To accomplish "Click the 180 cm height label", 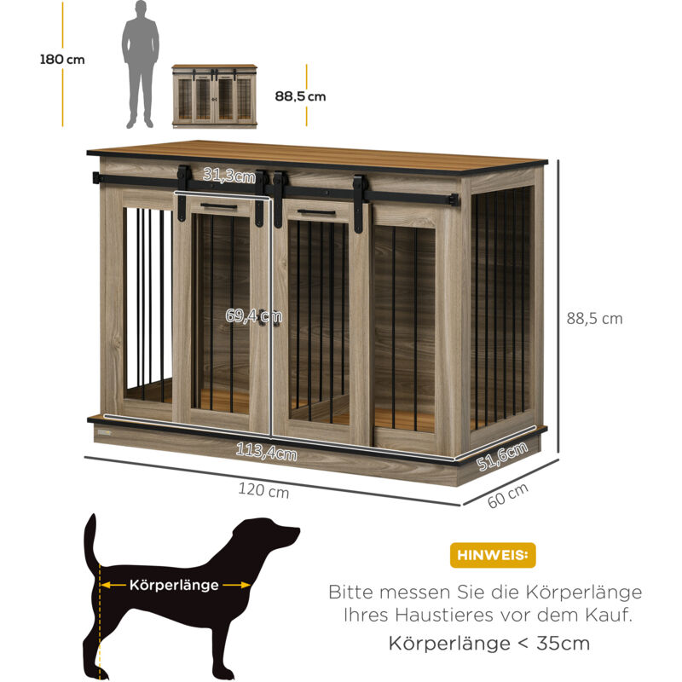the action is [62, 59].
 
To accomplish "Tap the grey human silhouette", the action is [141, 65].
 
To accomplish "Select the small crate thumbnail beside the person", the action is [215, 96].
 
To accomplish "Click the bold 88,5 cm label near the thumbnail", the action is [300, 96].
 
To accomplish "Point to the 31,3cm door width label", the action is [229, 175].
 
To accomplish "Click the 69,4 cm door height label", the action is [253, 315].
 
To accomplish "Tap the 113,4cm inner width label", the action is [267, 452].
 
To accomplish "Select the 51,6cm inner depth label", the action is [502, 456].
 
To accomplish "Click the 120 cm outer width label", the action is [263, 490].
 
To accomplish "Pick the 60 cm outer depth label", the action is [507, 495].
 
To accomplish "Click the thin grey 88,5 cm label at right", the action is [594, 318].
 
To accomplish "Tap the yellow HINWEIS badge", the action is [493, 555].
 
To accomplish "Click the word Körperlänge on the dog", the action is [174, 585].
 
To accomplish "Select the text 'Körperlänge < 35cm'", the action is [488, 644].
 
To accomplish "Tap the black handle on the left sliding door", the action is [219, 205].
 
